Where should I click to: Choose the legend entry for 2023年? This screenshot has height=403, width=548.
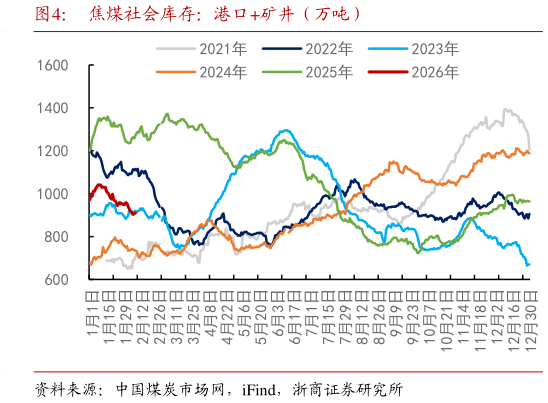point(432,48)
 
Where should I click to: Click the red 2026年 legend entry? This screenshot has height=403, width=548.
point(432,71)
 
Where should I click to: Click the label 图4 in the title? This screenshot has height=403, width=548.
point(50,15)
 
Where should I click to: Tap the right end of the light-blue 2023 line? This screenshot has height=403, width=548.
point(529,265)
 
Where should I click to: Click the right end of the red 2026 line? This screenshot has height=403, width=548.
point(135,210)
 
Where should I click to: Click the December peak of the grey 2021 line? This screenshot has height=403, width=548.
point(507,110)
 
